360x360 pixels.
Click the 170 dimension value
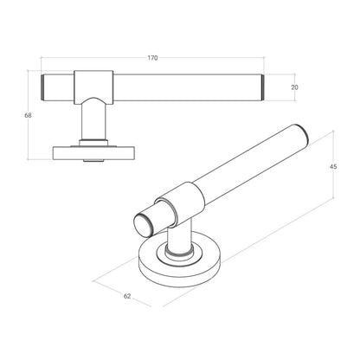point(152,58)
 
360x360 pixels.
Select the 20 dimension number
point(296,87)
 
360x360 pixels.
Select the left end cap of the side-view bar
point(46,87)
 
